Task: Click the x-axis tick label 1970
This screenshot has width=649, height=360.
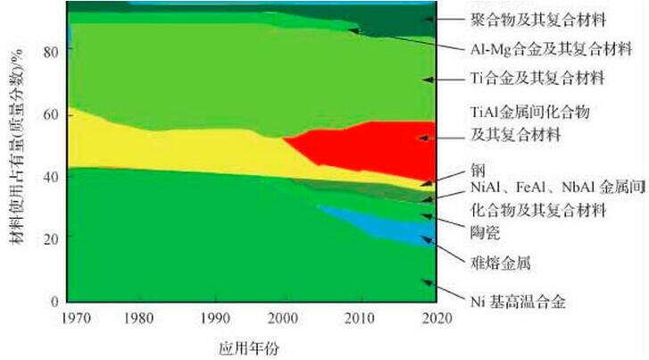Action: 69,318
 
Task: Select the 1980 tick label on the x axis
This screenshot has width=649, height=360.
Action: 137,318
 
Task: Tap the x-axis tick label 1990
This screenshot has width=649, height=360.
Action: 212,318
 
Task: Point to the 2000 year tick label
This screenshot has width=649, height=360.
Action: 284,318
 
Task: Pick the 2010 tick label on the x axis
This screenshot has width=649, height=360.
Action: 359,318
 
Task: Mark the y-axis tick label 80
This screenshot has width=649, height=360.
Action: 50,52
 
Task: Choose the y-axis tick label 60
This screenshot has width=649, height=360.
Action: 50,114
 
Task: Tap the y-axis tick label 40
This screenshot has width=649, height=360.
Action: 50,177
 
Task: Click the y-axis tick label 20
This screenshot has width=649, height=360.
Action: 50,239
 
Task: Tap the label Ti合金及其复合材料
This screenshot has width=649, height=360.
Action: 537,79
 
